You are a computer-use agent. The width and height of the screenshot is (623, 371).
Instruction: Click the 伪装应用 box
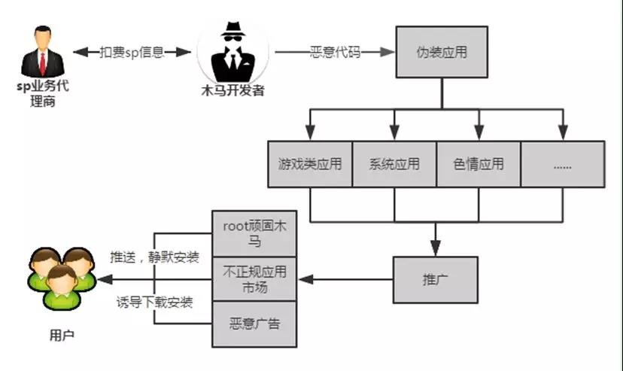[442, 53]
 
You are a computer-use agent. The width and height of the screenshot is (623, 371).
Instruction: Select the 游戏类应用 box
[310, 163]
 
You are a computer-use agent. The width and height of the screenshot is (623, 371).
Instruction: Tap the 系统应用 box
[394, 163]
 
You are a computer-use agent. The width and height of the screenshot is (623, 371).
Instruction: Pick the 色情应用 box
[479, 163]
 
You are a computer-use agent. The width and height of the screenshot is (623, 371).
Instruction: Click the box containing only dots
[563, 163]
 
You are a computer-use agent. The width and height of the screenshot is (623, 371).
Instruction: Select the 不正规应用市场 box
[254, 278]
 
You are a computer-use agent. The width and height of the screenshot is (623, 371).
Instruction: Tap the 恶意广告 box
[254, 324]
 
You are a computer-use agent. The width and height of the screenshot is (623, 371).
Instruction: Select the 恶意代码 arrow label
[335, 53]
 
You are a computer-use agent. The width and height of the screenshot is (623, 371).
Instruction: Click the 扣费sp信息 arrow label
[132, 53]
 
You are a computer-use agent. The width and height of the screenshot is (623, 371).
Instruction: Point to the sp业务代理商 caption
[43, 93]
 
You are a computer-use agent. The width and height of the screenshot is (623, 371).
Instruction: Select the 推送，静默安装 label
[154, 257]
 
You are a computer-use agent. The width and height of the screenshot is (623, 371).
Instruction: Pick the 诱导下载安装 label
[154, 303]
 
